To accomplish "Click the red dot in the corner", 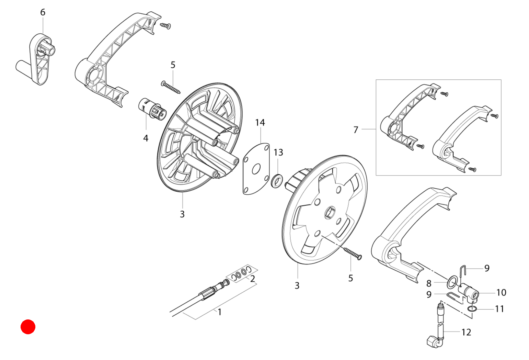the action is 28,327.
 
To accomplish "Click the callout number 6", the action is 43,12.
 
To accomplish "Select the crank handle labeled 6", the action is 36,59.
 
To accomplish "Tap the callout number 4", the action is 146,138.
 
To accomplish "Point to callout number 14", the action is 260,122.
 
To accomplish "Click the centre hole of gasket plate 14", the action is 256,169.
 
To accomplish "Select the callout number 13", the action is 278,153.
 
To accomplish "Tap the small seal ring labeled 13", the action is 277,181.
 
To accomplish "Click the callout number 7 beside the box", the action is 356,130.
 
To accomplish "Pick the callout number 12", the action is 466,332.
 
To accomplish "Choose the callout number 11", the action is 499,309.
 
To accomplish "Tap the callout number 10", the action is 501,292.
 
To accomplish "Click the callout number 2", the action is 252,279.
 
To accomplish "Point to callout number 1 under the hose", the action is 220,312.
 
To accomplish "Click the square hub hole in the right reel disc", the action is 330,212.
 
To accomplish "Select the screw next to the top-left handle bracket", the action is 165,25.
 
